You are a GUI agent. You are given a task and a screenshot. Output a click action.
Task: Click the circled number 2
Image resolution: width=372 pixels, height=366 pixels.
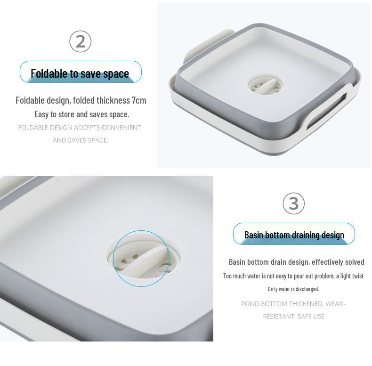80,41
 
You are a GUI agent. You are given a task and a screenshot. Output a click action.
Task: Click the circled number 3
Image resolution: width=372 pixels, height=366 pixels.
294,203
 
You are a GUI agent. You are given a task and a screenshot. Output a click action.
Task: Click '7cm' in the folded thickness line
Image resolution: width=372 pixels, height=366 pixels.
139,100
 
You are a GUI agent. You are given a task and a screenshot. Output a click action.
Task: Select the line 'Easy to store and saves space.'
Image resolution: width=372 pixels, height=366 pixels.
81,114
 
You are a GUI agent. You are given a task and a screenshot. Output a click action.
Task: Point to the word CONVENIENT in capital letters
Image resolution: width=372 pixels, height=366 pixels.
121,128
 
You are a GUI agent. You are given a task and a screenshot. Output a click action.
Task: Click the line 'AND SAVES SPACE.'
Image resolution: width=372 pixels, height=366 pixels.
80,140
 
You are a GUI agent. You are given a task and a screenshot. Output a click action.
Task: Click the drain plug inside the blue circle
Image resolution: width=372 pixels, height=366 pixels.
140,258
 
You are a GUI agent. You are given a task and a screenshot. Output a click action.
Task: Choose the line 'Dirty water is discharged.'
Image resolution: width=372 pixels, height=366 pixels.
293,289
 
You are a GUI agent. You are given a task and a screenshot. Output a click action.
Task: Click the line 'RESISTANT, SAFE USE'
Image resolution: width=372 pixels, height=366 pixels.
293,317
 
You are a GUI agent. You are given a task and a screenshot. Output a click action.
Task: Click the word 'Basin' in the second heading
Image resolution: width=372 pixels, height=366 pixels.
253,235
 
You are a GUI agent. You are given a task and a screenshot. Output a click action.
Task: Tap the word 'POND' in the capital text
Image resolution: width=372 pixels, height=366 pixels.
250,304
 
